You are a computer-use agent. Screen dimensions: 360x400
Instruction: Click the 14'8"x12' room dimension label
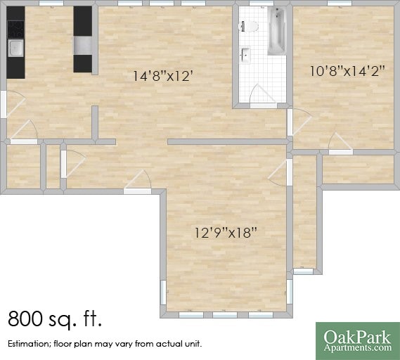[163, 76]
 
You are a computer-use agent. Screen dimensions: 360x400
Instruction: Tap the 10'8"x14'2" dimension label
[342, 70]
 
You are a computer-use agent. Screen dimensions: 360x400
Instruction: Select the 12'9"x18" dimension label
[226, 232]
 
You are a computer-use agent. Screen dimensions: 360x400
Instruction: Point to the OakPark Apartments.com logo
[357, 340]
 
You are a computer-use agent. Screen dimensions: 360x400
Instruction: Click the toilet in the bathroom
[249, 27]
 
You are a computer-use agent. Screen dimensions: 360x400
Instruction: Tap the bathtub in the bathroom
[276, 32]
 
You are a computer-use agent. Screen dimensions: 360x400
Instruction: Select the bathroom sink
[245, 53]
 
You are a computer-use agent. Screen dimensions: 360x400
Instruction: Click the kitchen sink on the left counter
[15, 48]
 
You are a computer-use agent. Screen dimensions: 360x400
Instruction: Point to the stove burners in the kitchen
[15, 29]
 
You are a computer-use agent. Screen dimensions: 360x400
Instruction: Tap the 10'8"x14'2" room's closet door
[340, 142]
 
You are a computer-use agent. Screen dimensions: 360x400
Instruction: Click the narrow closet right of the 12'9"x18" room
[304, 211]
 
